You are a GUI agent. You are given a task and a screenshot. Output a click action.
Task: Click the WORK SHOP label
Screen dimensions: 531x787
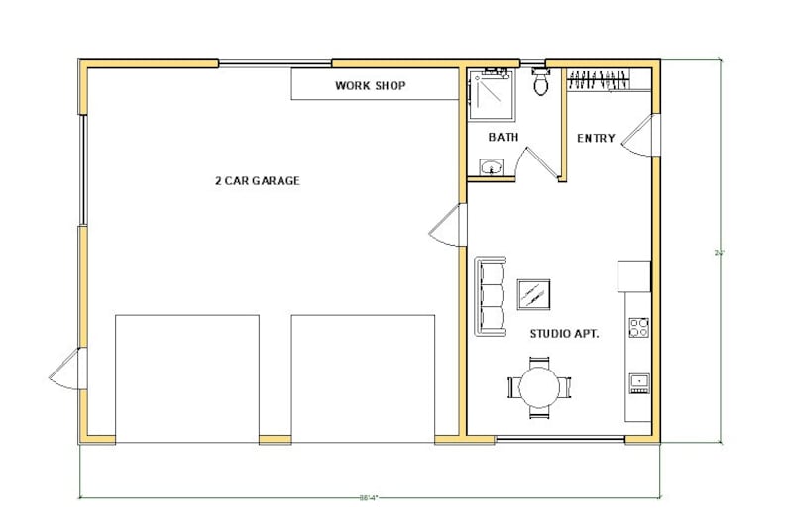point(370,86)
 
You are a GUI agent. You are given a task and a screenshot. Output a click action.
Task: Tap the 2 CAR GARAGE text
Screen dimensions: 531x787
point(257,181)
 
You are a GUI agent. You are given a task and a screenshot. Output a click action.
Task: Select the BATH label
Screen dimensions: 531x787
point(504,138)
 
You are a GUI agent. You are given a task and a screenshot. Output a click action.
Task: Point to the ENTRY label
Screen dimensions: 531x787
point(596,139)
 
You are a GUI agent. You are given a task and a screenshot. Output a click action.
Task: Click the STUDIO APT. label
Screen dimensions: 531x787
point(563,334)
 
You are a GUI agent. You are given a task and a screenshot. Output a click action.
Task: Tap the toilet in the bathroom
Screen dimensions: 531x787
point(541,83)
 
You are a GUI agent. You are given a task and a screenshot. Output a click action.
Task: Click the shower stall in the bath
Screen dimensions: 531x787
point(489,89)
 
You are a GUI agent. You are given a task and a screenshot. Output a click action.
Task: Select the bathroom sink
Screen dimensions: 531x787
point(490,167)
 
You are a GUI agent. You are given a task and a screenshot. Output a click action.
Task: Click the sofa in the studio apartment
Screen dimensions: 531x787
point(490,295)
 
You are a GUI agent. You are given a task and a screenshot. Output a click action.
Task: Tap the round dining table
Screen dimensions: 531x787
point(540,387)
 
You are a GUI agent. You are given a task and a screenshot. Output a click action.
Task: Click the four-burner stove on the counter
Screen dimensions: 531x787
point(638,327)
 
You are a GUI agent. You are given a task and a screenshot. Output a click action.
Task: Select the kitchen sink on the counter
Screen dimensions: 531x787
point(639,380)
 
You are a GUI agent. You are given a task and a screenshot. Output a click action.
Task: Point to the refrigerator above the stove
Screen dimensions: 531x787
point(634,275)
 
